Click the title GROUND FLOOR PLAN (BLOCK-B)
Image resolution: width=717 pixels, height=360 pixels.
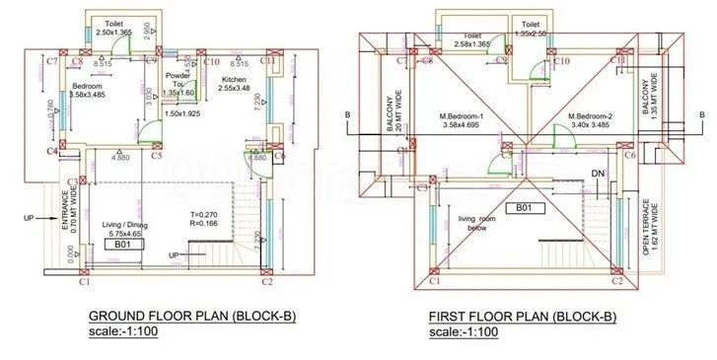(192, 317)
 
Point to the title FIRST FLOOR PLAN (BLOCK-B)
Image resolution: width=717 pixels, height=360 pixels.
(522, 317)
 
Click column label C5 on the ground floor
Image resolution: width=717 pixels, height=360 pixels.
(157, 155)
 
